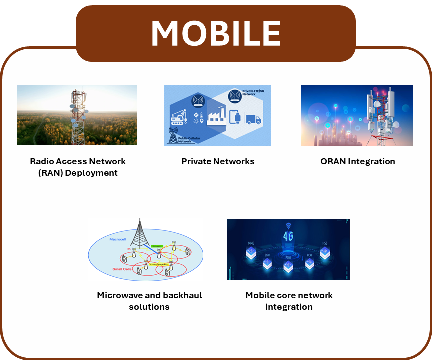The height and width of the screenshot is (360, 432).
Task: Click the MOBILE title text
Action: pyautogui.click(x=216, y=33)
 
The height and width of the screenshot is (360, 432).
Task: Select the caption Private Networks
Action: pyautogui.click(x=217, y=161)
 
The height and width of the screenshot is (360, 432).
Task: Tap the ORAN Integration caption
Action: pyautogui.click(x=357, y=161)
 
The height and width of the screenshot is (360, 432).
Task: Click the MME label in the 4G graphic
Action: pyautogui.click(x=251, y=243)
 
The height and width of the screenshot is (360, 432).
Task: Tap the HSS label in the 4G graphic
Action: pyautogui.click(x=325, y=243)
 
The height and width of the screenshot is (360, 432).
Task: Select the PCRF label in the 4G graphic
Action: pyautogui.click(x=309, y=255)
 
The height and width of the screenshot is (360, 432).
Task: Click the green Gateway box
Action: pyautogui.click(x=157, y=246)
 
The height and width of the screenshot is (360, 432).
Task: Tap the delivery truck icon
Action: pyautogui.click(x=253, y=120)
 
